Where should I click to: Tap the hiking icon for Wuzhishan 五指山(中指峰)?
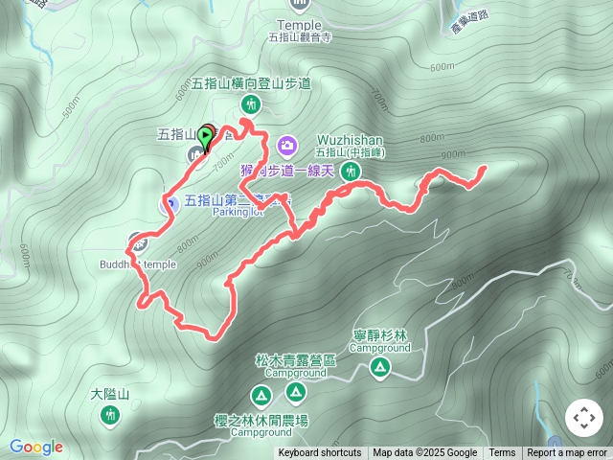pyautogui.click(x=352, y=172)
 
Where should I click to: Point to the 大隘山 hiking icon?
pyautogui.click(x=108, y=414)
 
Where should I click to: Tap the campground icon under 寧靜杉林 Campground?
pyautogui.click(x=380, y=367)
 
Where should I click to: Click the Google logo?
pyautogui.click(x=35, y=447)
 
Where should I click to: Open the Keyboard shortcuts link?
pyautogui.click(x=320, y=453)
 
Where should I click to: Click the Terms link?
pyautogui.click(x=502, y=453)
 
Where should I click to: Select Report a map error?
pyautogui.click(x=567, y=453)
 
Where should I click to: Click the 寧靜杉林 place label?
pyautogui.click(x=380, y=335)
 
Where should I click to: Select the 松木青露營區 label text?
pyautogui.click(x=295, y=360)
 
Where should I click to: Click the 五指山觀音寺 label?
pyautogui.click(x=300, y=37)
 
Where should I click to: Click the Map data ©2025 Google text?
pyautogui.click(x=424, y=453)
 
